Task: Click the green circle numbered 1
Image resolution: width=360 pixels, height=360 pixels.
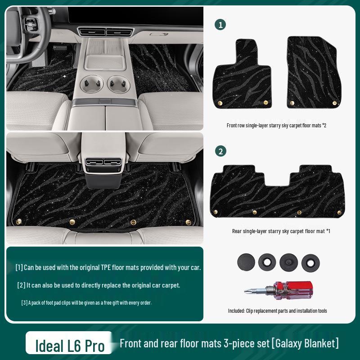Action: (x=220, y=25)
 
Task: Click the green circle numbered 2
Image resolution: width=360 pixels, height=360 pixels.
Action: (x=220, y=151)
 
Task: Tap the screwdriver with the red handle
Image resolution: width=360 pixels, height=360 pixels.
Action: (x=279, y=288)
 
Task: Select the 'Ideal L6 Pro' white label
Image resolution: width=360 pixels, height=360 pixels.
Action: (x=70, y=346)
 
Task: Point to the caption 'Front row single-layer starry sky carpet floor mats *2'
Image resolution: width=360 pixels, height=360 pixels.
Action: (x=276, y=126)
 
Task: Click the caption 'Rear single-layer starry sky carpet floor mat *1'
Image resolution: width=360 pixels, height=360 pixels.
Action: (x=281, y=231)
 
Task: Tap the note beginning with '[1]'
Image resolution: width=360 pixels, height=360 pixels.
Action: (x=108, y=267)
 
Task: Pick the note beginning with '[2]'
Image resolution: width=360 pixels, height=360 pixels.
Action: (x=99, y=285)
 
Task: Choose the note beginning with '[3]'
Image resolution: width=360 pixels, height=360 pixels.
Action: (x=86, y=303)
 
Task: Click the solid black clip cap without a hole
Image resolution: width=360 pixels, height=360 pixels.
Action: (x=245, y=261)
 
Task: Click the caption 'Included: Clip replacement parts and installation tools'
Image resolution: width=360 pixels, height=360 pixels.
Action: (x=278, y=311)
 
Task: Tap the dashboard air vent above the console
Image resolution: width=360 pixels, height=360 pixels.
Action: (x=105, y=32)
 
